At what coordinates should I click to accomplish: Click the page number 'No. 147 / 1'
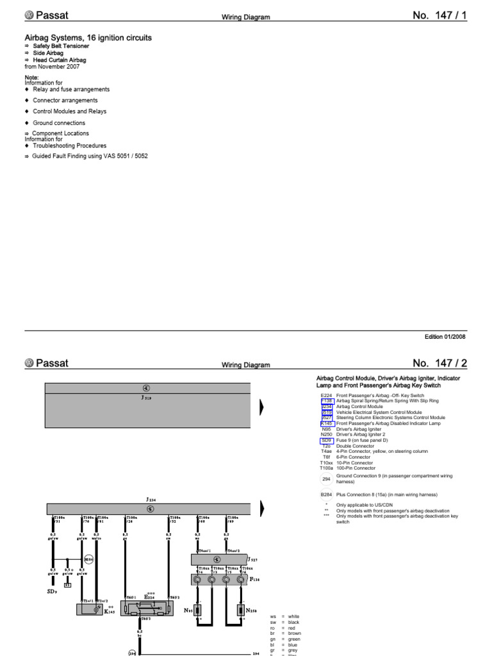point(439,15)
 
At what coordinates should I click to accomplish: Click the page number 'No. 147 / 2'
point(439,363)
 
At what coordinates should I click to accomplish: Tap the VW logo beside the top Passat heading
point(29,15)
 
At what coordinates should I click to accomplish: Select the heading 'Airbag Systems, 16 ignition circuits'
point(88,38)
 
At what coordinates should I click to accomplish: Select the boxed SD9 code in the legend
point(326,441)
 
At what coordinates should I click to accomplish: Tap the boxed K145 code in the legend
point(327,423)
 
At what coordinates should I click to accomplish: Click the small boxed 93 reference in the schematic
point(67,585)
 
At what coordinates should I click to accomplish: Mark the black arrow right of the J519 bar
point(261,407)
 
